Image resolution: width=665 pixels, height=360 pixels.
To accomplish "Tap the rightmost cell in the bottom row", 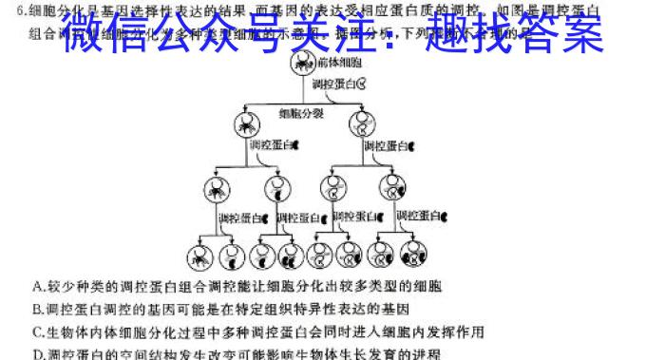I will [x=414, y=255].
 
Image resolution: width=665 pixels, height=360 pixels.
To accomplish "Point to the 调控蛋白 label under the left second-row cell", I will [x=270, y=147].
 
